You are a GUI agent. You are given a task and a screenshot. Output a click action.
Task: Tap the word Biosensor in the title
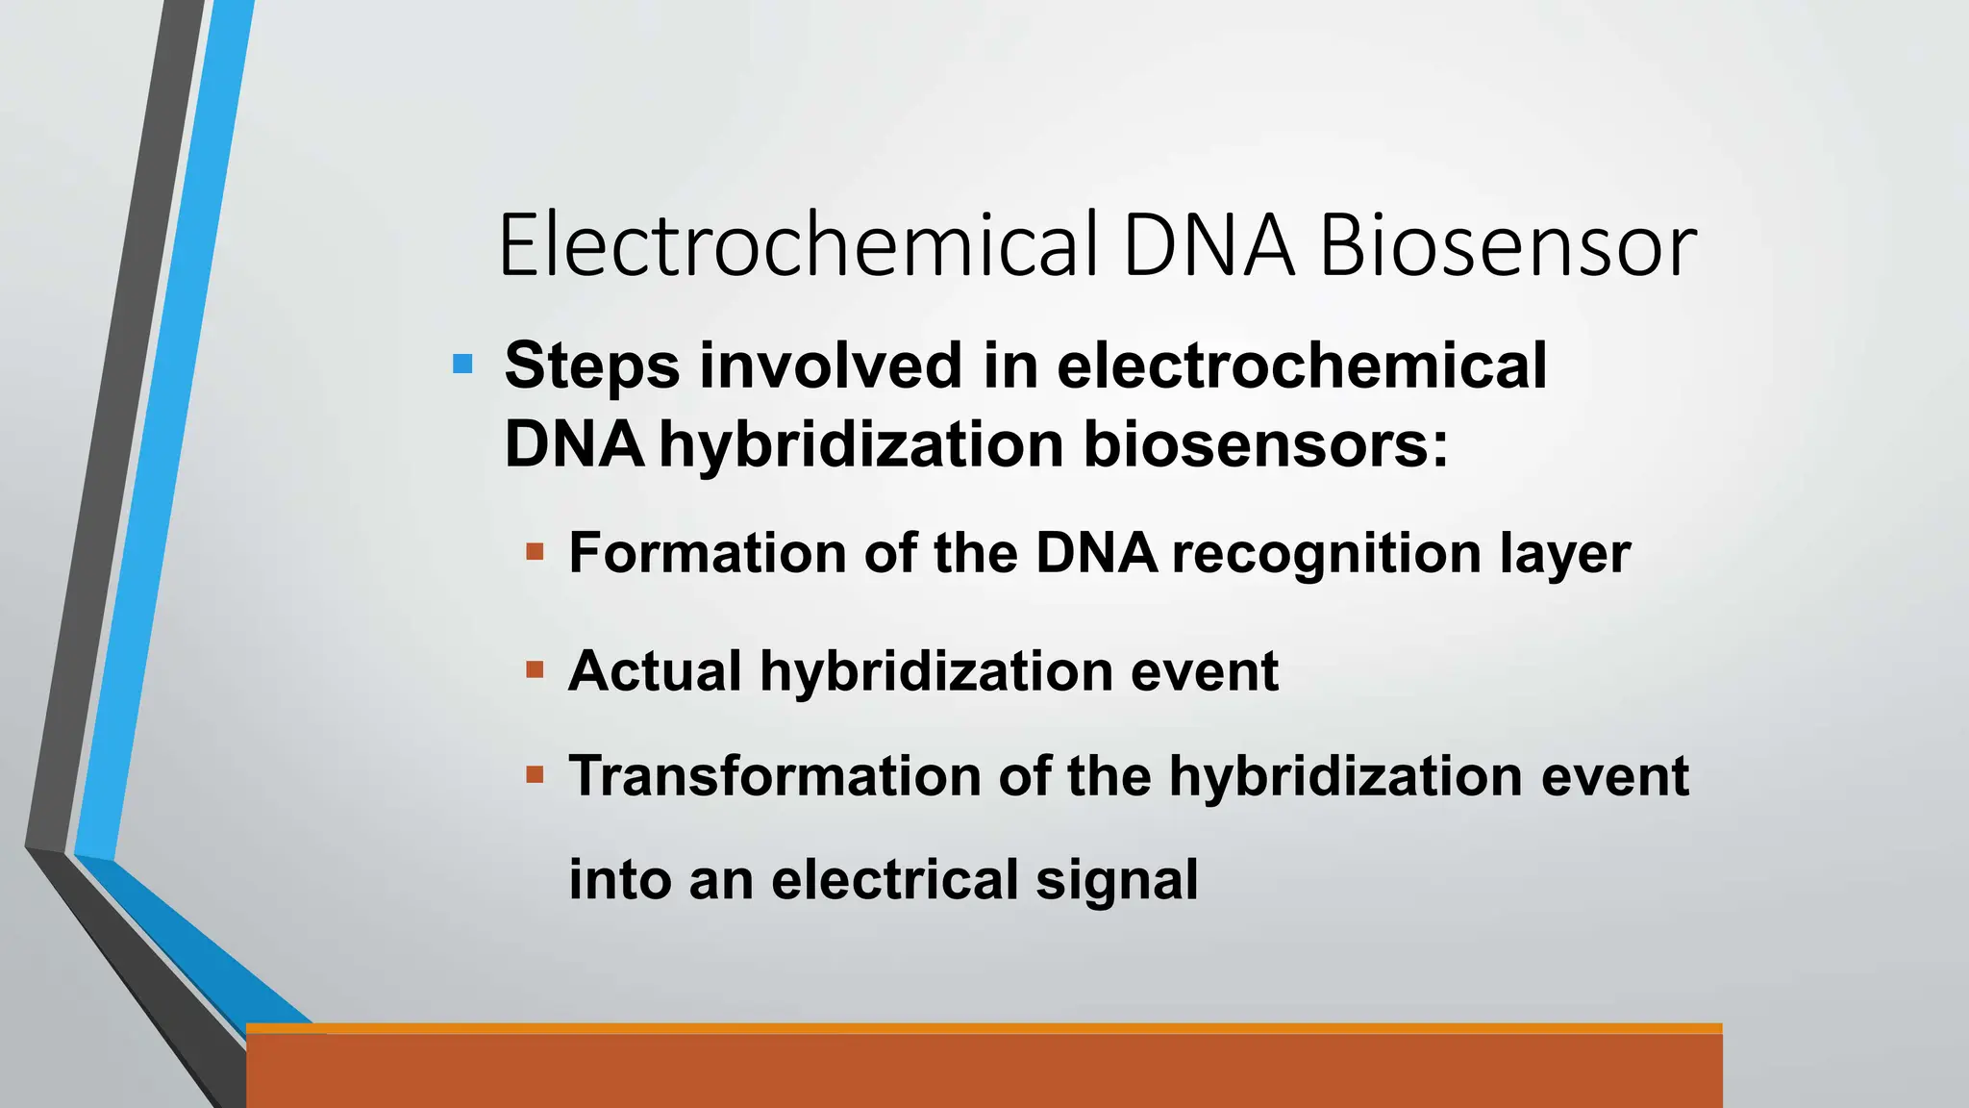(x=1508, y=245)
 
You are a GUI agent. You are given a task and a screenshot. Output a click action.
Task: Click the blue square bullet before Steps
(x=462, y=365)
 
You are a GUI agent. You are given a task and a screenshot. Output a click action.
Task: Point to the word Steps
(x=591, y=366)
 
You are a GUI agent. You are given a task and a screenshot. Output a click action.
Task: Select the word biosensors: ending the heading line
(x=1265, y=444)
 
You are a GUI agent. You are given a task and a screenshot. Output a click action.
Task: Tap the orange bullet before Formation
(x=536, y=552)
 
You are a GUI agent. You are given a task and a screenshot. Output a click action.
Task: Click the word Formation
(x=708, y=553)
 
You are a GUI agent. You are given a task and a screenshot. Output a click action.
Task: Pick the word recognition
(x=1327, y=555)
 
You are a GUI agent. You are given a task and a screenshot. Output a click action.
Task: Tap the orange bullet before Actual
(x=536, y=669)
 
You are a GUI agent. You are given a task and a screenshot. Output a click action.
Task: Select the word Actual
(x=655, y=670)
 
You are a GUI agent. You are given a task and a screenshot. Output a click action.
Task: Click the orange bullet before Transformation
(x=536, y=774)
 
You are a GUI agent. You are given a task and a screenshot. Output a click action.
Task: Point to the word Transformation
(x=775, y=775)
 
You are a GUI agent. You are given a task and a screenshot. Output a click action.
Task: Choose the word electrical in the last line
(x=894, y=879)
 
